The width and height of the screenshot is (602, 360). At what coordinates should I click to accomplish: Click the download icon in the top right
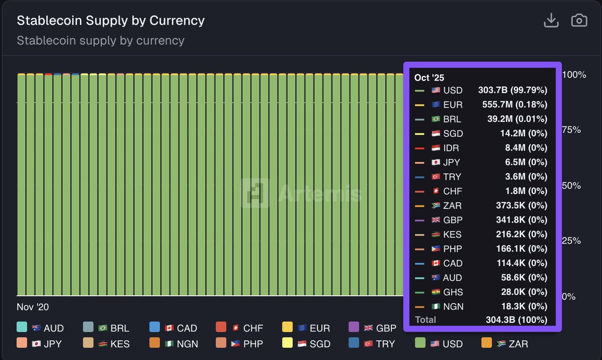551,21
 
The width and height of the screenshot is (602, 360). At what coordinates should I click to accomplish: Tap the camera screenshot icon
579,21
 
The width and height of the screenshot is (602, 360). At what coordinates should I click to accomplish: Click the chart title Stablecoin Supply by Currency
110,21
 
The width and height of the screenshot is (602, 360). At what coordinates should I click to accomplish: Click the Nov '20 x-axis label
33,307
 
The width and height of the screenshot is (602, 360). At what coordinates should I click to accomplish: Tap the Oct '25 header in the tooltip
429,77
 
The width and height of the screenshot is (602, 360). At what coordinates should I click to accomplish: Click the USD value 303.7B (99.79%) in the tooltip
513,90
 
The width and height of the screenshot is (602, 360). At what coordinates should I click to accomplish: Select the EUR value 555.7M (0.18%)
513,105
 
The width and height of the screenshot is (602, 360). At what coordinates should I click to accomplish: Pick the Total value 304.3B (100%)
516,320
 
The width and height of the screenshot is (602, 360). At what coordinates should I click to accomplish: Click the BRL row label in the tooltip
452,119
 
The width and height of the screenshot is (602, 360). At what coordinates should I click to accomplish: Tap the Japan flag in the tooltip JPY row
436,162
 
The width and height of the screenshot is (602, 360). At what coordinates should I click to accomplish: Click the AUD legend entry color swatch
22,328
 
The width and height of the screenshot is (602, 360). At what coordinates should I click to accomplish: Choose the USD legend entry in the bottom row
439,344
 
